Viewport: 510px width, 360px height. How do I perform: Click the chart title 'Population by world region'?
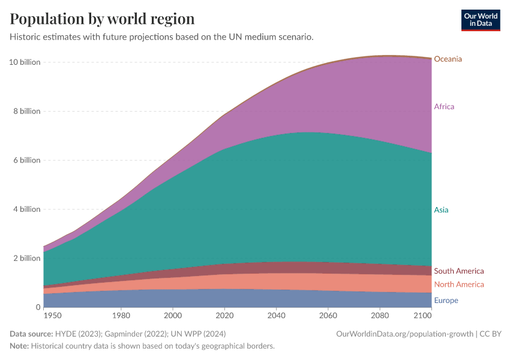point(102,19)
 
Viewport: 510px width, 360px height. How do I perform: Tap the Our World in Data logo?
point(480,19)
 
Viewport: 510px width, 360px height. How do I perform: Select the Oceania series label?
point(448,59)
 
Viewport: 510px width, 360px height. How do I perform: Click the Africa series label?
point(444,107)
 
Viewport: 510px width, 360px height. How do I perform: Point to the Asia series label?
point(441,210)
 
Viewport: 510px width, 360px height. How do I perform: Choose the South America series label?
point(458,271)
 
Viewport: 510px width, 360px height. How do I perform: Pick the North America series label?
point(458,284)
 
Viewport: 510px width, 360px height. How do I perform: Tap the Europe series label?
point(446,301)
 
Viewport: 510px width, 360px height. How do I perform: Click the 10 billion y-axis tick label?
point(25,62)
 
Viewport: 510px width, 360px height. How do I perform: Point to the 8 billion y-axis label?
point(26,112)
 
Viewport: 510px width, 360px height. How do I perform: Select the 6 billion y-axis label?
point(26,160)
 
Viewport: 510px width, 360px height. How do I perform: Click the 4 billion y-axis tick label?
point(26,209)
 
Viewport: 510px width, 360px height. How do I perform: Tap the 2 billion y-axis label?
point(26,259)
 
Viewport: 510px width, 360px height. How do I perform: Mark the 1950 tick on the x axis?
point(52,315)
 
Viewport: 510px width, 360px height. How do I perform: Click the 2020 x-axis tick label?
point(224,315)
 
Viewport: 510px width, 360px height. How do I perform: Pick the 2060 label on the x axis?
point(328,315)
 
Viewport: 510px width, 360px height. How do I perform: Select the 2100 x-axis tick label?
point(422,315)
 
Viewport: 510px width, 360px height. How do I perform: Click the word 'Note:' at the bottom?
point(19,346)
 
